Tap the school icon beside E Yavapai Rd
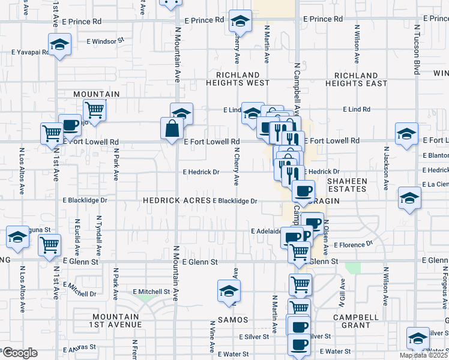pos(59,45)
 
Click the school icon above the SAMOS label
pos(228,291)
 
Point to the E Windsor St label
pos(105,41)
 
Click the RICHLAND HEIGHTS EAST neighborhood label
pos(357,80)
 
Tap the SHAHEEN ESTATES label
pos(347,184)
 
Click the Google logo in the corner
pos(19,353)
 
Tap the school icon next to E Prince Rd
pos(240,22)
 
